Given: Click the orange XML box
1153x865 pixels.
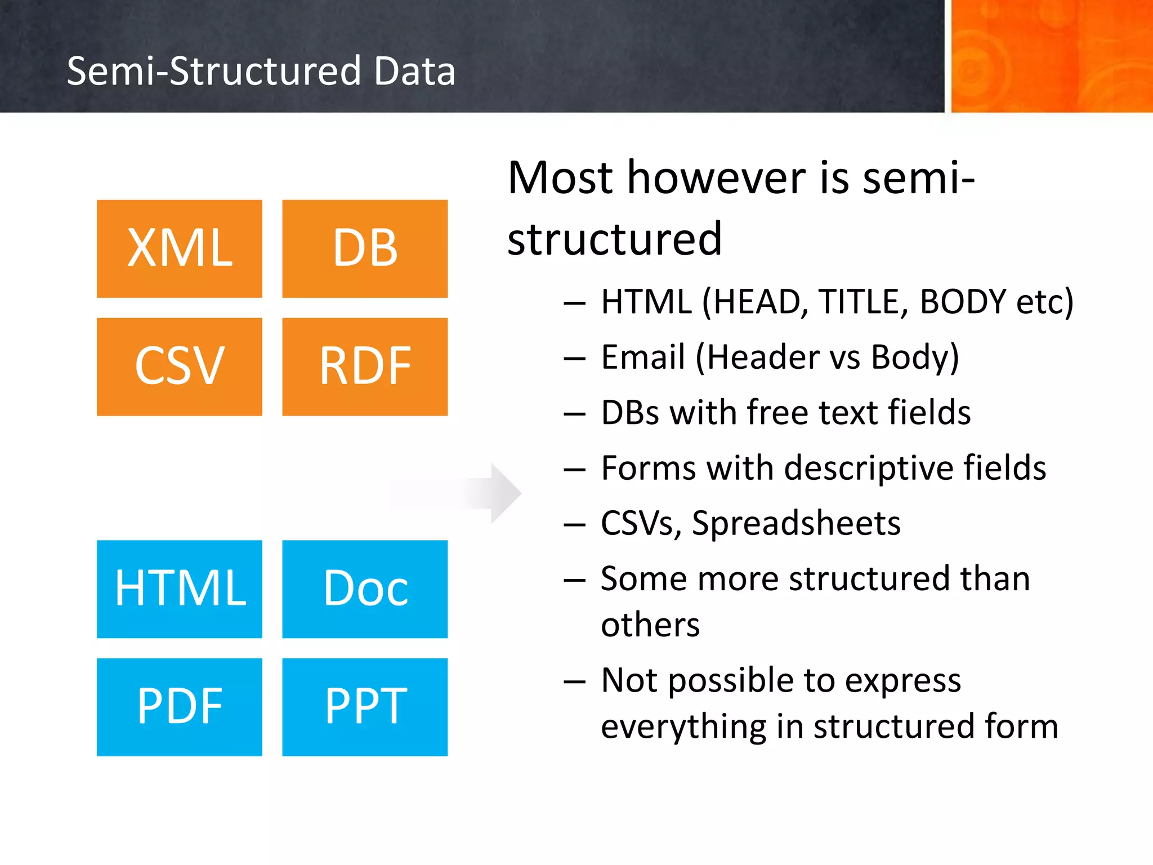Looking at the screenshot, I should [179, 248].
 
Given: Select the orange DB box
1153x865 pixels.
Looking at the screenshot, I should [365, 248].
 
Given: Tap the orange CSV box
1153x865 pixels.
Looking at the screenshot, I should [179, 367].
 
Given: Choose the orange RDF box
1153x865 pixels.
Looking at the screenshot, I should [365, 367].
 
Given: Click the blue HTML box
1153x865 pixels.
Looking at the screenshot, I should [179, 588].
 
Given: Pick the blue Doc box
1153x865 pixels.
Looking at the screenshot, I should [365, 588].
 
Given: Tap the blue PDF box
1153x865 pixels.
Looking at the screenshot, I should [179, 707].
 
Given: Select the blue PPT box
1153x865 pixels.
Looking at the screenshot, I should [365, 707].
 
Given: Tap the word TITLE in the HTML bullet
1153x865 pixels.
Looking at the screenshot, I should [863, 302].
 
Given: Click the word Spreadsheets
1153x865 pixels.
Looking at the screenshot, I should [796, 524].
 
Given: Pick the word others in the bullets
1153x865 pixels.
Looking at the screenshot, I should [650, 625].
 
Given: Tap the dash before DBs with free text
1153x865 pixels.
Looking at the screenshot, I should [574, 414].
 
